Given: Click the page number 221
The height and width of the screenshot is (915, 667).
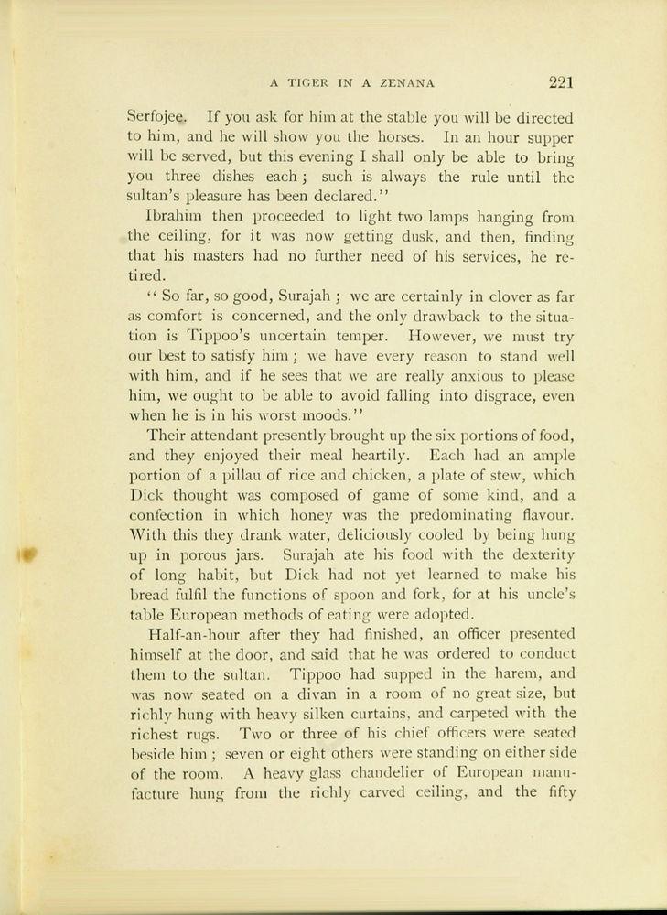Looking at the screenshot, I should coord(561,82).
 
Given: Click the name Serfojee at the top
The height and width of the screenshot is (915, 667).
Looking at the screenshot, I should coord(156,117).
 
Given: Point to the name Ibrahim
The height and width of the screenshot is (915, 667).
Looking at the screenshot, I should coord(175,216).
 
